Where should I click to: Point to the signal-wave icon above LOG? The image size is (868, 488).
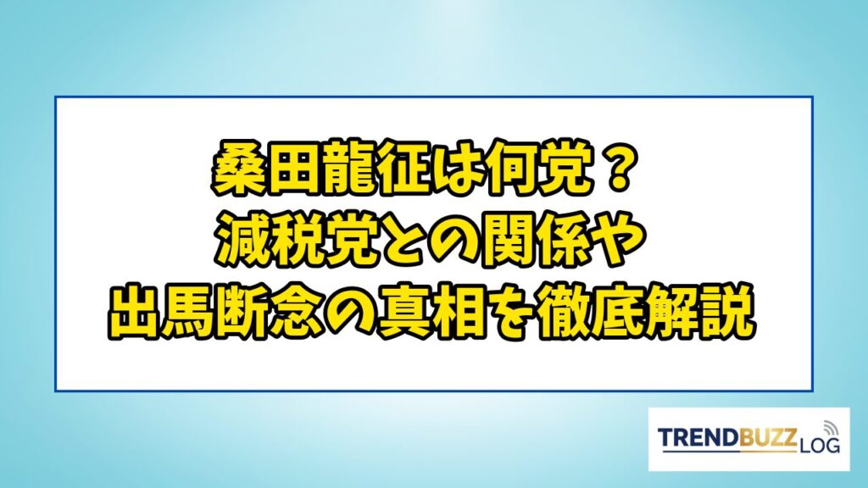pos(829,427)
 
